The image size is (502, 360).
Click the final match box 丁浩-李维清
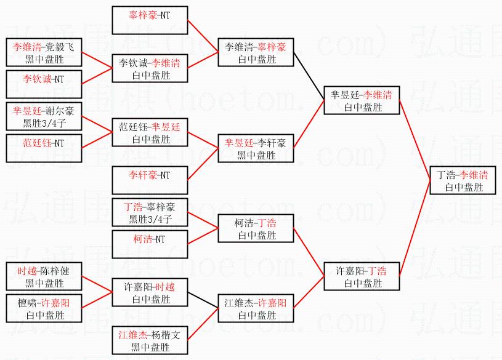(462, 181)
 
